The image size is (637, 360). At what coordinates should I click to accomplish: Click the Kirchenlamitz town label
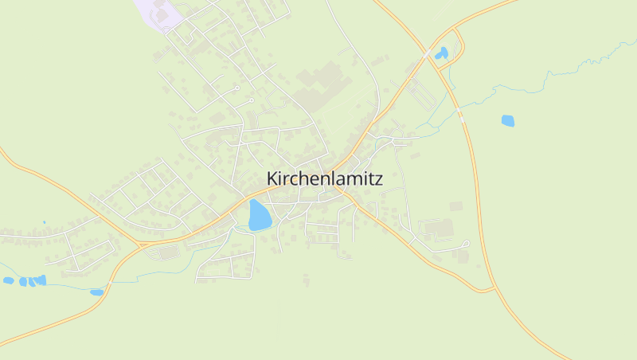[x=324, y=179]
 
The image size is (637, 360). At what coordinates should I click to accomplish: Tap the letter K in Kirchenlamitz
[x=272, y=179]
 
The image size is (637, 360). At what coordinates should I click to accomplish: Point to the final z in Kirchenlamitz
[x=378, y=180]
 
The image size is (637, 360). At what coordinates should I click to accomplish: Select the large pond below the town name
[x=259, y=216]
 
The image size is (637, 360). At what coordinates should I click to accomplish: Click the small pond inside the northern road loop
[x=441, y=54]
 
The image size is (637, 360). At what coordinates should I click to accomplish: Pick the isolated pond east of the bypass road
[x=507, y=121]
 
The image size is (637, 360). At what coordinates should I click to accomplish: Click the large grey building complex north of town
[x=318, y=84]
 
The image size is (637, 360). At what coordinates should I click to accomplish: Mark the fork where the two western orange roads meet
[x=137, y=242]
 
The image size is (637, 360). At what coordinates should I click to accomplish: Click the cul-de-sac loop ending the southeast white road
[x=466, y=244]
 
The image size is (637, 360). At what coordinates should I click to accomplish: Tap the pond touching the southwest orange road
[x=96, y=292]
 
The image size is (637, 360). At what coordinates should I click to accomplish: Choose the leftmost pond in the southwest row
[x=9, y=280]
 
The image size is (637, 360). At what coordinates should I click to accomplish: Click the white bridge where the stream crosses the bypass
[x=461, y=117]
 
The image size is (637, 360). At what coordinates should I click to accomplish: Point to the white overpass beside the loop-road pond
[x=428, y=53]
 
